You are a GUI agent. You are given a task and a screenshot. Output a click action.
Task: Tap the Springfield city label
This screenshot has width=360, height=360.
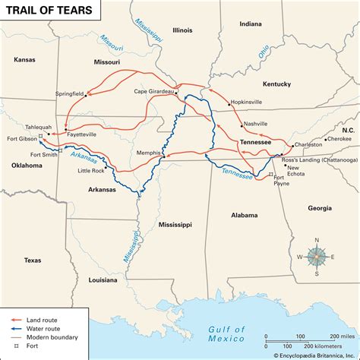point(71,94)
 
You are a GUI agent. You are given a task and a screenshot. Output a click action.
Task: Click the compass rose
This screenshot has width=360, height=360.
point(317,257)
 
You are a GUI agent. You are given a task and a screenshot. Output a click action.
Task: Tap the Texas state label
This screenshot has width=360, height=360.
point(32,261)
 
